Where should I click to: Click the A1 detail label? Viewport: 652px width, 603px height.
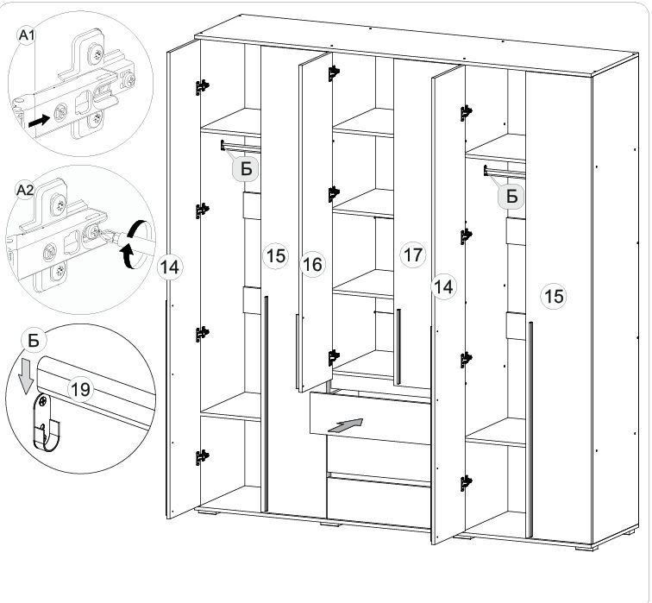(x=27, y=35)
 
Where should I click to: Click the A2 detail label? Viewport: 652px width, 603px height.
(x=24, y=190)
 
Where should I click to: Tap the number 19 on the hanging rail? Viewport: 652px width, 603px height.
(x=80, y=390)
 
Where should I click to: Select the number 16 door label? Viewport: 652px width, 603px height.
(x=312, y=264)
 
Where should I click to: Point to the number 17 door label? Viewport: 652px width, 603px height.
(x=412, y=254)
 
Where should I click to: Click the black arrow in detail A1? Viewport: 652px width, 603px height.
(x=38, y=121)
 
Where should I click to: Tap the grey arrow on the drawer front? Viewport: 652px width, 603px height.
(x=345, y=425)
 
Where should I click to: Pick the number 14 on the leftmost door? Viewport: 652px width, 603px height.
(x=170, y=267)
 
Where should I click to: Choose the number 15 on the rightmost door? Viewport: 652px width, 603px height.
(x=554, y=297)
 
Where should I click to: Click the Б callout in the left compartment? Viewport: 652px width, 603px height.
(x=246, y=169)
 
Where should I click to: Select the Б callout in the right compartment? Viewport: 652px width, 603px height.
(x=512, y=196)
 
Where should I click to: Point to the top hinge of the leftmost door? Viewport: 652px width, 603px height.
(x=202, y=87)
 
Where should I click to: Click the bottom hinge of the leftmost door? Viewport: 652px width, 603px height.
(x=202, y=457)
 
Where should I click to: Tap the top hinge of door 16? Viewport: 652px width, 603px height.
(x=334, y=72)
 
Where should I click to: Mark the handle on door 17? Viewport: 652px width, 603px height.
(x=398, y=347)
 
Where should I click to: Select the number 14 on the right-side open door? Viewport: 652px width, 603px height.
(x=443, y=286)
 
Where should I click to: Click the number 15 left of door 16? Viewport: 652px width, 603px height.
(x=275, y=255)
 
